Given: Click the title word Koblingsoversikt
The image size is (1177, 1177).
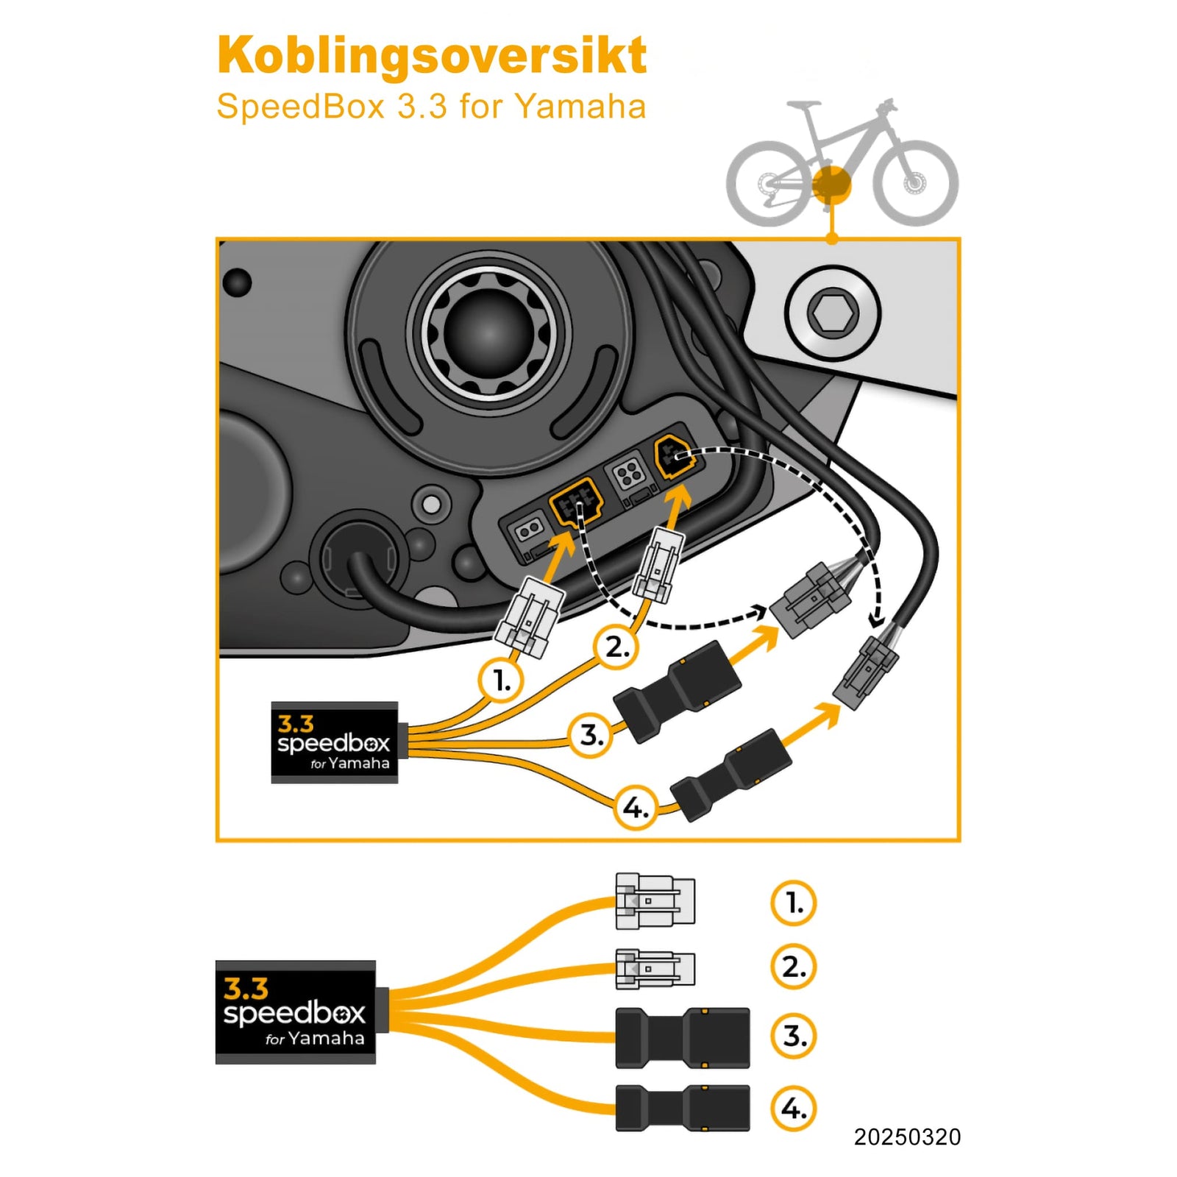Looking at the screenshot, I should pos(432,56).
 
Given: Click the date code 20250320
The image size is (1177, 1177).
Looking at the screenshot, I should pos(906,1137).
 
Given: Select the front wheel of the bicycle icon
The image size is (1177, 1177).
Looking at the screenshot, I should pos(916,182).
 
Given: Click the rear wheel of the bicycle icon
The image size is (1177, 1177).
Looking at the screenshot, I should pos(767,182).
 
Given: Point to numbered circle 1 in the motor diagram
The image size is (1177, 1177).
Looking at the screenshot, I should pos(501,680).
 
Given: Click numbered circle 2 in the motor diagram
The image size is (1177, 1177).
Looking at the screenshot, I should pos(616,647).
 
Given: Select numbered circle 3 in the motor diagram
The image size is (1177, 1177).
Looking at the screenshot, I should pos(591,735).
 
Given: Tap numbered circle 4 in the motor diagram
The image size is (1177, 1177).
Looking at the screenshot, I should pos(635,808).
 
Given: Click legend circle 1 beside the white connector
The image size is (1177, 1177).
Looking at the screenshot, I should pos(793,903).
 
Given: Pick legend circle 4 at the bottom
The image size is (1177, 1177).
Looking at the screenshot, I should pos(793,1108).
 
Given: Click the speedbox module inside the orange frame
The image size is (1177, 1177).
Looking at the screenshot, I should pos(335,743).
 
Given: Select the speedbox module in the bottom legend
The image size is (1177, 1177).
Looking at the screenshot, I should pos(296,1012).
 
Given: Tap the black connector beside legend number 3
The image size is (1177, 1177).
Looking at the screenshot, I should pos(682,1038).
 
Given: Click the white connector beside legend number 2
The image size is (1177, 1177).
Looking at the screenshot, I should pos(655,968).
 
